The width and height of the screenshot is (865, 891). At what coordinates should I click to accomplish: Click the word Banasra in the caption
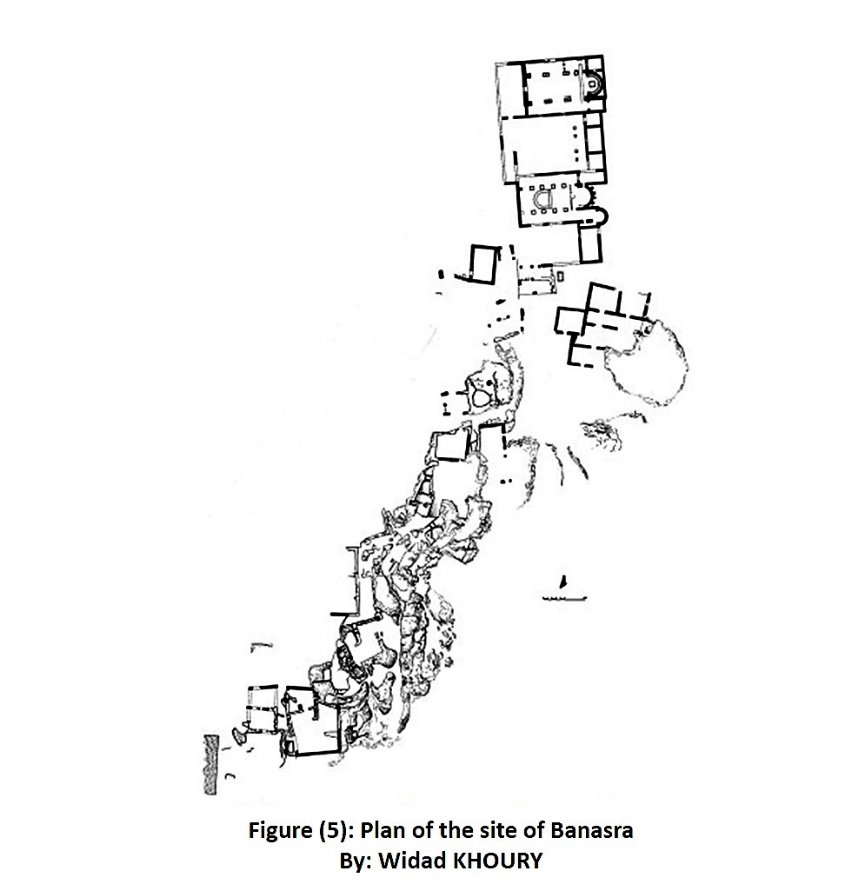coord(591,831)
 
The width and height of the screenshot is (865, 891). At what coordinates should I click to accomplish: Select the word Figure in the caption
coord(280,831)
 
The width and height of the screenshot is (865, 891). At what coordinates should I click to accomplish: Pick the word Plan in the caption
coord(383,831)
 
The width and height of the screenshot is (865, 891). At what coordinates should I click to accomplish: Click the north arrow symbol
coord(564,582)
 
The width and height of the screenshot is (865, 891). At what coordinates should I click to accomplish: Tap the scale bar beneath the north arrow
coord(564,598)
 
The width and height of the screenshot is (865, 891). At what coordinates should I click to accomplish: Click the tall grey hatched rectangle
coord(211,765)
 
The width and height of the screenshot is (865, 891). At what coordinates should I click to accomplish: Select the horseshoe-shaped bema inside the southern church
coord(543,199)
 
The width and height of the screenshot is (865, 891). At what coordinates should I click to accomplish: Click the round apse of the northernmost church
coord(594,84)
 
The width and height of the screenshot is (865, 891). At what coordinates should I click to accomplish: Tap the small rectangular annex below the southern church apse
coord(590,243)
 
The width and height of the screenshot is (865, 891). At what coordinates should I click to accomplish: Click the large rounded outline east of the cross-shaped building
coord(648,362)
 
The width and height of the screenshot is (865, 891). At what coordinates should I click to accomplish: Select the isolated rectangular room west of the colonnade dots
coord(484,263)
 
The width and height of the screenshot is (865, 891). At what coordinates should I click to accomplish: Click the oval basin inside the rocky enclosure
coord(481,399)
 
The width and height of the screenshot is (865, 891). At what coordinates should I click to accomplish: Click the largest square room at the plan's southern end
coord(311,721)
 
